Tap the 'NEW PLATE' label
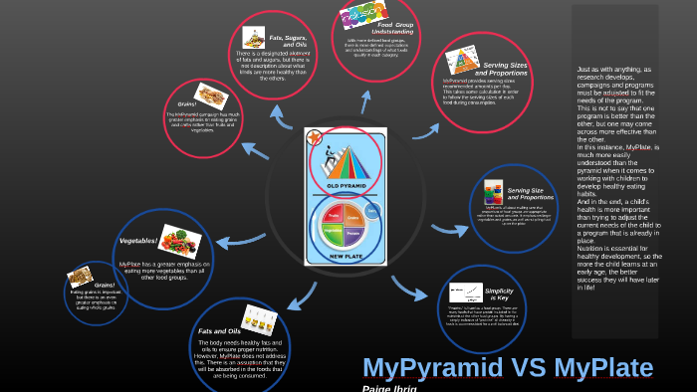click(x=345, y=257)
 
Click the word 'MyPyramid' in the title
click(x=433, y=368)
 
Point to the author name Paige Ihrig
click(x=389, y=388)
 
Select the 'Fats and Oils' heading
click(x=219, y=330)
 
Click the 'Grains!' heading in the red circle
click(x=187, y=103)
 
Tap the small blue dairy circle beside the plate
click(x=372, y=211)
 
